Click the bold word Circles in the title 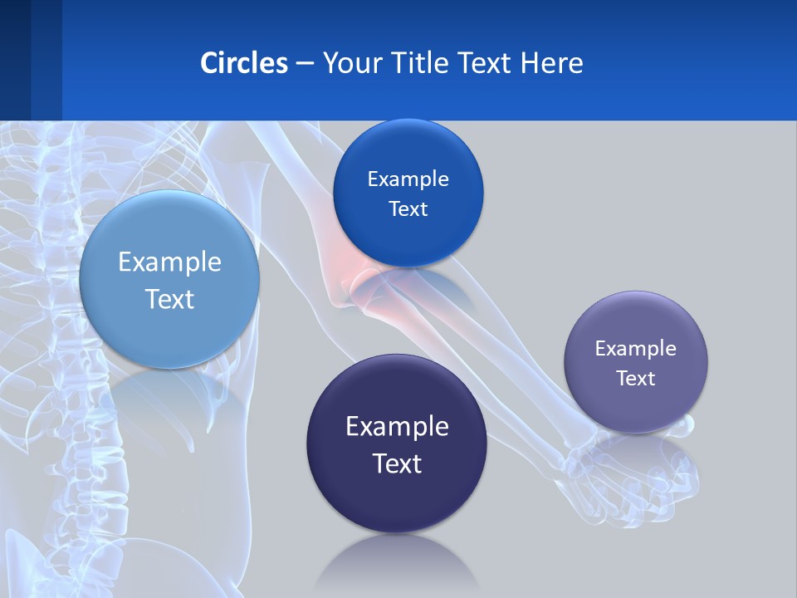tap(244, 62)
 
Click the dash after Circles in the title tap(305, 63)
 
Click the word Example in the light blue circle tap(169, 262)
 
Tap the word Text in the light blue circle tap(169, 299)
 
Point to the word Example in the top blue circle tap(408, 179)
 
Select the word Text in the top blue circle tap(408, 209)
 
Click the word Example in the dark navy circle tap(397, 426)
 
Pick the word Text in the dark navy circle tap(397, 463)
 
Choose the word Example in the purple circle tap(635, 349)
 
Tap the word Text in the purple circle tap(635, 379)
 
